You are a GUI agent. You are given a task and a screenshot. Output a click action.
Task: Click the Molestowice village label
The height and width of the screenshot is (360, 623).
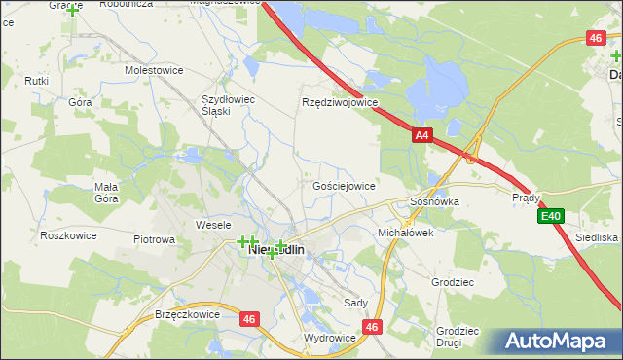155,71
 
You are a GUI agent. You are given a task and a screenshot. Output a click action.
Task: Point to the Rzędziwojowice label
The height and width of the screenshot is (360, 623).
340,102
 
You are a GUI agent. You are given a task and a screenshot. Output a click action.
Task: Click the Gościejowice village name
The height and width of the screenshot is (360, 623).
344,185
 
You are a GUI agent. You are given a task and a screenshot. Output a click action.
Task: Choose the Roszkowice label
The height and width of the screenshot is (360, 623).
67,235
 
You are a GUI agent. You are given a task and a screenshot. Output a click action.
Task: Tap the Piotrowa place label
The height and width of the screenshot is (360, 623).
154,239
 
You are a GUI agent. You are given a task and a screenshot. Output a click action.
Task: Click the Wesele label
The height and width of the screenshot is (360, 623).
212,225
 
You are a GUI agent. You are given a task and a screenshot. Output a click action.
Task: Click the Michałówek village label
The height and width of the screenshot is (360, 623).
405,234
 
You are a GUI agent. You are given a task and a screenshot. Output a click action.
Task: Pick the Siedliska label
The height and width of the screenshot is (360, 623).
596,237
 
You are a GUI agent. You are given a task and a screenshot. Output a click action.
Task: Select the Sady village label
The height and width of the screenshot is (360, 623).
355,304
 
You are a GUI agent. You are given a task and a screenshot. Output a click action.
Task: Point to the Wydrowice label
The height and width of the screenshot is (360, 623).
330,338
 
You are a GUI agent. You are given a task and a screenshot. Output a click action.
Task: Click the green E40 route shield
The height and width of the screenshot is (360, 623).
551,215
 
